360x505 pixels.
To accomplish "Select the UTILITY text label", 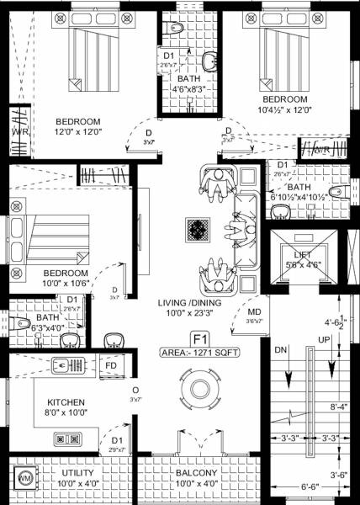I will (79, 473).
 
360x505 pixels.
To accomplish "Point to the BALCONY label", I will (197, 473).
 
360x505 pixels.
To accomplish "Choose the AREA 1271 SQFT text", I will (199, 354).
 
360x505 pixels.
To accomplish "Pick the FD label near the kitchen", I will (111, 365).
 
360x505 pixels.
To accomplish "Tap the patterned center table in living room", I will (199, 230).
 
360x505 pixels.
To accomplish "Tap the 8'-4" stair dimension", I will (338, 407).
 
